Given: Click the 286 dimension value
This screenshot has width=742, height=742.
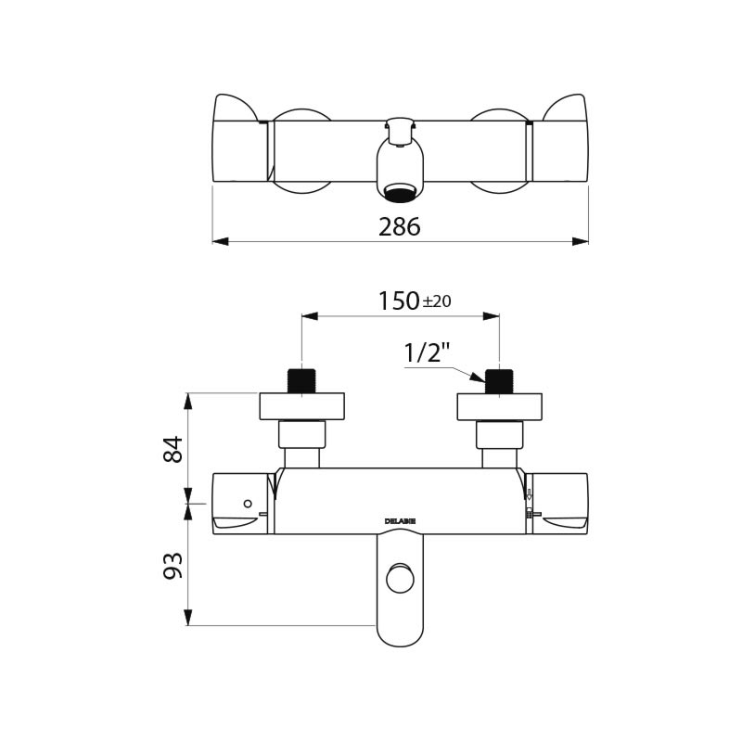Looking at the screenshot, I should click(400, 226).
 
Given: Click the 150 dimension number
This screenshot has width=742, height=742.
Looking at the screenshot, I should click(399, 301).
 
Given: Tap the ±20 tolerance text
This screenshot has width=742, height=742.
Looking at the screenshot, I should click(437, 302).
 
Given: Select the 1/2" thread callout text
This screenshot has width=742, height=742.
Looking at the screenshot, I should click(427, 353).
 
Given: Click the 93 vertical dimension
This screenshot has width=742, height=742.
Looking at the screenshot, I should click(173, 565).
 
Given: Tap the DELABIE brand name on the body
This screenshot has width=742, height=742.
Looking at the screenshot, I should click(400, 521).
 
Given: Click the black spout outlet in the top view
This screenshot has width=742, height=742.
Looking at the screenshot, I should click(400, 194).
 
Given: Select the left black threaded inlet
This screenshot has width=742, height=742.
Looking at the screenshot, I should click(301, 380).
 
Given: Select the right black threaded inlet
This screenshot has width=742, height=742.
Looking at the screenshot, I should click(500, 380).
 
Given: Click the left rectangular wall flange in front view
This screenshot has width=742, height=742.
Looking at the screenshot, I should click(301, 406).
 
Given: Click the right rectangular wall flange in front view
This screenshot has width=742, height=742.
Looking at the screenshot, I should click(499, 406).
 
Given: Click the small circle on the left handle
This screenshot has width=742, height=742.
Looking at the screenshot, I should click(247, 504).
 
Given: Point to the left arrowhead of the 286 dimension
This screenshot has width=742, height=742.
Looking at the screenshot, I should click(220, 241).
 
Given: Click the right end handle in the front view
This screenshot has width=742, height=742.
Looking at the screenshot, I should click(559, 502).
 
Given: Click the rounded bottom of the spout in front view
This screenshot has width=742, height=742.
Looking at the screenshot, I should click(400, 638).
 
